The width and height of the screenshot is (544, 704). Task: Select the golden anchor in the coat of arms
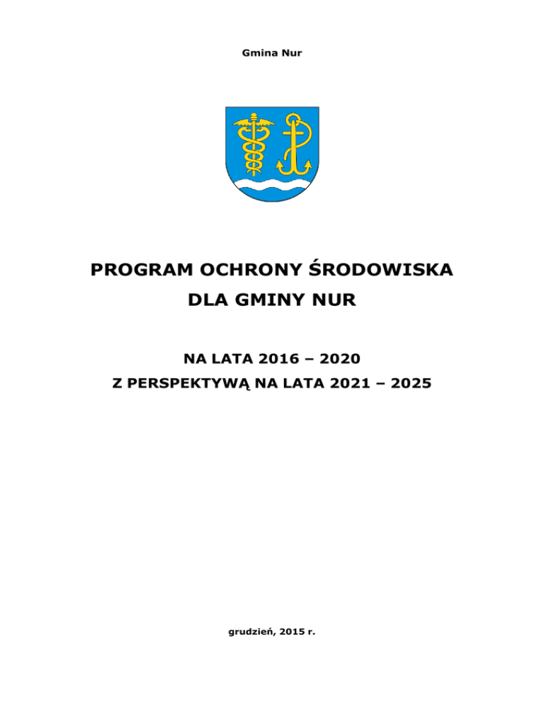(x=295, y=146)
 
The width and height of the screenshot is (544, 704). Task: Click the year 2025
(x=411, y=385)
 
